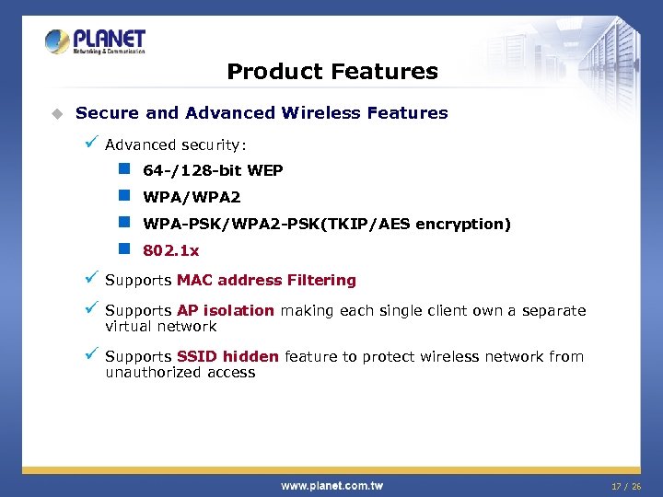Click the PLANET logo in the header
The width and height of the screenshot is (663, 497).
coord(96,41)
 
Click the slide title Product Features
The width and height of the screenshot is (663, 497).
coord(332,71)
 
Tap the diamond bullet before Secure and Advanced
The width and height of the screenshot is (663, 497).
coord(57,113)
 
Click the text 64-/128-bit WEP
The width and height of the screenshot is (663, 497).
coord(213,170)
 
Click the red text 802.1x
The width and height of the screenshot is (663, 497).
coord(170,250)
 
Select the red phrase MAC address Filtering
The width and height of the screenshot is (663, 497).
coord(266,280)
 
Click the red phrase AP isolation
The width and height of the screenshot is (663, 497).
coord(226,310)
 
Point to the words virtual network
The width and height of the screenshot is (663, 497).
coord(161,326)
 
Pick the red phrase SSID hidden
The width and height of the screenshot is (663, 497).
coord(228,356)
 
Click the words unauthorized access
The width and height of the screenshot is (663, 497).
coord(180,372)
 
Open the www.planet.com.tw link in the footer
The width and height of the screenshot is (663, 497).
coord(331,485)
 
